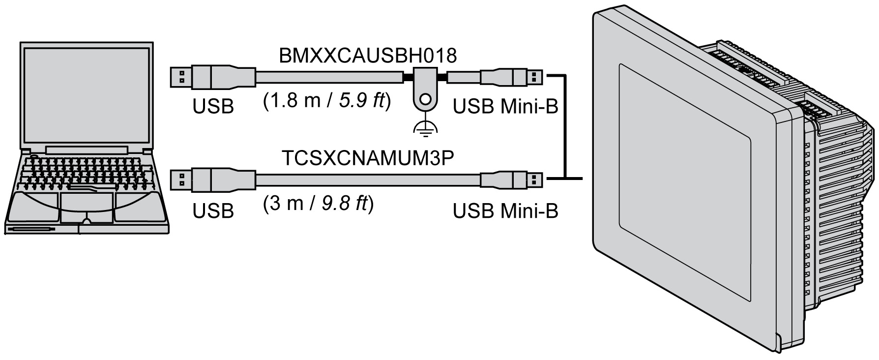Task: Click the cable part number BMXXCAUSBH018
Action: [368, 56]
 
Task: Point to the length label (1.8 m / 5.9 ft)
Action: [327, 101]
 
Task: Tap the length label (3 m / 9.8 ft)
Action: [319, 203]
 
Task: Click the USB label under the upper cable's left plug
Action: [213, 106]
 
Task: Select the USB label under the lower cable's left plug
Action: [213, 210]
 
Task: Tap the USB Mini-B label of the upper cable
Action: [505, 106]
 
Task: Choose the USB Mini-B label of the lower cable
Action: [505, 210]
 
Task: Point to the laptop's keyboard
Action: [88, 172]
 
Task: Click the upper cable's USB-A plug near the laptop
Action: [197, 77]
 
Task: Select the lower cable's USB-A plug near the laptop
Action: [197, 180]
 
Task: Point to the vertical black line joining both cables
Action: [565, 126]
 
